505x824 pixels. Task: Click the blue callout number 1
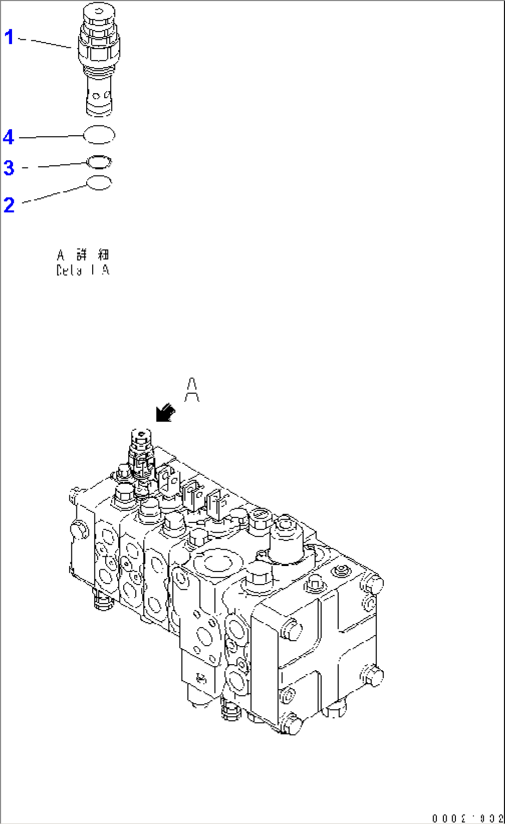(x=9, y=37)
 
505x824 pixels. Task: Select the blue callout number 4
(x=9, y=137)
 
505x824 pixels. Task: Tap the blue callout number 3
(x=9, y=168)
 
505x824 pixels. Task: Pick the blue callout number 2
(x=9, y=205)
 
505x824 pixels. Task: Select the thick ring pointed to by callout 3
(x=99, y=162)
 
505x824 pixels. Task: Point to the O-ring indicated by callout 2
(x=99, y=183)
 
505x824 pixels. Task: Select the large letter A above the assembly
(x=192, y=390)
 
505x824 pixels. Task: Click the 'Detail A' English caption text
(x=82, y=270)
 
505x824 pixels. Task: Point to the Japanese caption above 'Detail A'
(x=82, y=255)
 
